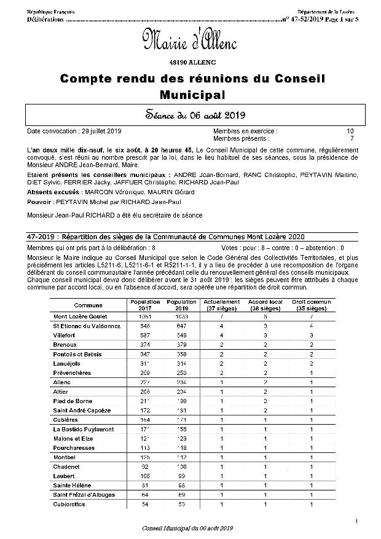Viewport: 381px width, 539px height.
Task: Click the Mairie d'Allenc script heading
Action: [x=190, y=41]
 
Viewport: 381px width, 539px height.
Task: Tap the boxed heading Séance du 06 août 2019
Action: [x=190, y=114]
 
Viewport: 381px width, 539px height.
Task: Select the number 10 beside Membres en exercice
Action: [x=350, y=131]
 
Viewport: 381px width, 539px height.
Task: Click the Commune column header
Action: [x=88, y=305]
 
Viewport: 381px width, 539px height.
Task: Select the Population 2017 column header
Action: [x=145, y=305]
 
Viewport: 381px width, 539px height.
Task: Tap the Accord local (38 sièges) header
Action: [x=265, y=305]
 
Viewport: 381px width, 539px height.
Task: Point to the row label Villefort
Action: [x=66, y=335]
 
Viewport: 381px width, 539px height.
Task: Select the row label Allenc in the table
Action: [x=63, y=382]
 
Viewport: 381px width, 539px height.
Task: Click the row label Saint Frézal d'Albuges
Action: [x=85, y=495]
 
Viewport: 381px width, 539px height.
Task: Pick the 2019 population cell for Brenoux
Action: [x=181, y=345]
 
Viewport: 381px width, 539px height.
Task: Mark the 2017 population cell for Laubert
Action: [x=145, y=476]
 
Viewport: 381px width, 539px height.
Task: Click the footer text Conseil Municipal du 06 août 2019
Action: [x=187, y=528]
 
